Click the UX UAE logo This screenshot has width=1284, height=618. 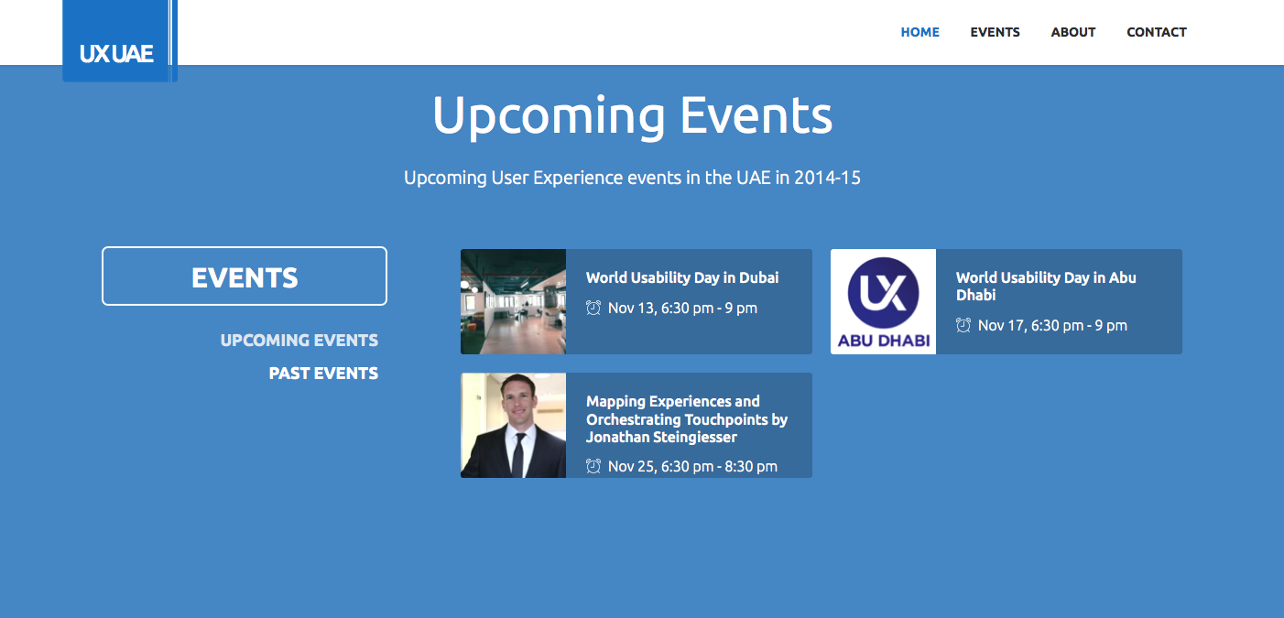(x=120, y=40)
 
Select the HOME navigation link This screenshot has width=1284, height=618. (x=919, y=32)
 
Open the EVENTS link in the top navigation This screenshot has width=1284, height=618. (x=995, y=32)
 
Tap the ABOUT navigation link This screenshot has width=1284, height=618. (x=1073, y=32)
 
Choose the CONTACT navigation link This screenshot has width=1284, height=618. (x=1156, y=32)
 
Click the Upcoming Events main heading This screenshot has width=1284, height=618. (x=632, y=116)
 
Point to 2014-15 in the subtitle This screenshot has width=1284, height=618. (x=827, y=177)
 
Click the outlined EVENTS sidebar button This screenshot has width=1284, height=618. (x=245, y=276)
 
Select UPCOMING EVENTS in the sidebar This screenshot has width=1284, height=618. (x=299, y=340)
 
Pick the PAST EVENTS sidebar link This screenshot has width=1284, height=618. (x=323, y=374)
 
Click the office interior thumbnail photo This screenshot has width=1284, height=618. (x=513, y=301)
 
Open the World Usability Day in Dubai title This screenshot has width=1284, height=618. (x=682, y=277)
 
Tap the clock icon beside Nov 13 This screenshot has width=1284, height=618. (x=593, y=308)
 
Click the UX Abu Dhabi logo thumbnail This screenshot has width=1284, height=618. (x=884, y=301)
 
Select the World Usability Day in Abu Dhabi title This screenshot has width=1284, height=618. (x=1046, y=286)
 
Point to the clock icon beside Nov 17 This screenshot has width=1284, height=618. (x=963, y=325)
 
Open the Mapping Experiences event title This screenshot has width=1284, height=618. (x=687, y=419)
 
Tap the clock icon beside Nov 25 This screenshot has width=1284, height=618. (x=593, y=466)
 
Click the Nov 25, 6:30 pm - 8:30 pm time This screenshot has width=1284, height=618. (x=692, y=466)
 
